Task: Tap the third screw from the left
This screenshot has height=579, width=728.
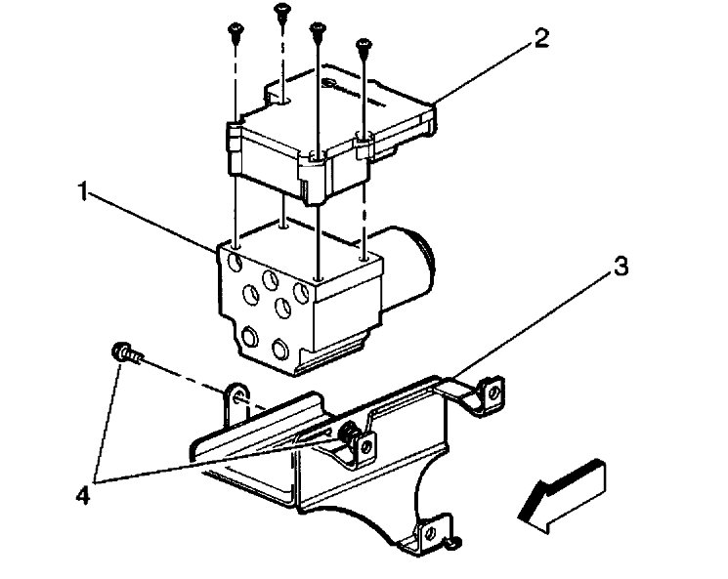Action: [x=317, y=28]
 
